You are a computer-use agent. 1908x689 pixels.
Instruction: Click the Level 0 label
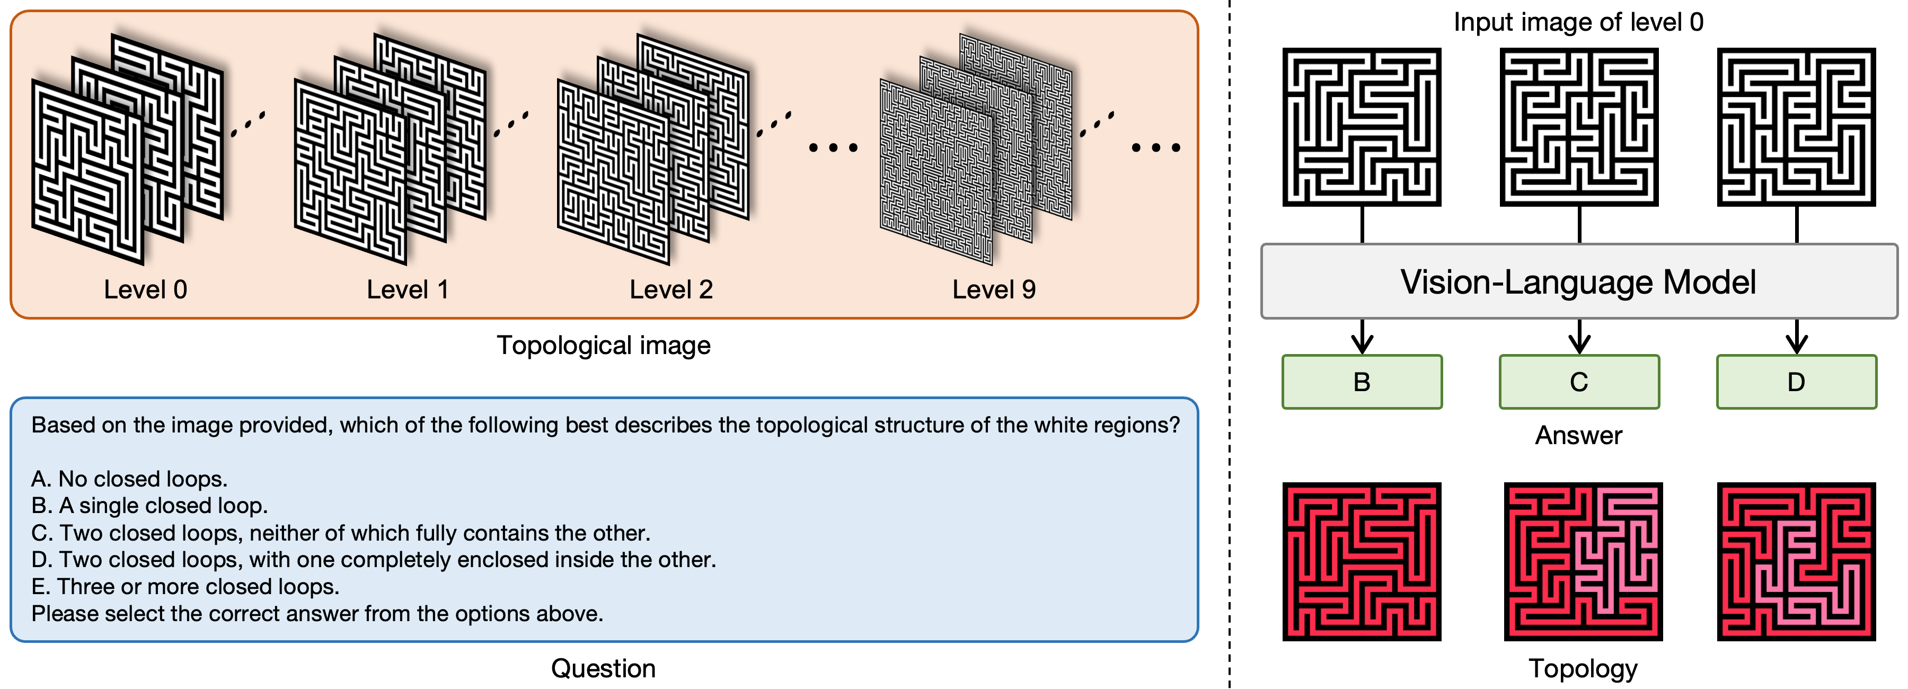coord(145,290)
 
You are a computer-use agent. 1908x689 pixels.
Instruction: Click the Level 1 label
coord(408,290)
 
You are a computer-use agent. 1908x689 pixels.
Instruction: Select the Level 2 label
coord(671,290)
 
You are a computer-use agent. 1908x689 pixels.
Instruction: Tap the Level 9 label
coord(994,290)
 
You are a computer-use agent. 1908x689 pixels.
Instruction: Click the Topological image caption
coord(603,345)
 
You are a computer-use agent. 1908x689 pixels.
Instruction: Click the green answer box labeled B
coord(1362,382)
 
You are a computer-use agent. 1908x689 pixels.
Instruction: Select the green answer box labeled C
coord(1579,382)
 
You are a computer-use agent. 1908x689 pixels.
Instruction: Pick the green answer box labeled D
coord(1796,382)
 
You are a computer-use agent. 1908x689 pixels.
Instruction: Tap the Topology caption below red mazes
coord(1583,668)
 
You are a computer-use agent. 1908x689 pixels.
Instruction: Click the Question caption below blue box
coord(603,668)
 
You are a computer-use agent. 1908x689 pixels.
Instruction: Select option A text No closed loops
coord(130,479)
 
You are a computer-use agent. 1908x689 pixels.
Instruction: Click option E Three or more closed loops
coord(185,587)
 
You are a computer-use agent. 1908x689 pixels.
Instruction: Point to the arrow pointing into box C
coord(1579,337)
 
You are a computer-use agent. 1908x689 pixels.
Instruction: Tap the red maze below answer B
coord(1362,562)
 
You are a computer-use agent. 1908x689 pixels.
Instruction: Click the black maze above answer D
coord(1796,127)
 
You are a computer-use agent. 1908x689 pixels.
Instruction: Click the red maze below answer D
coord(1796,562)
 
